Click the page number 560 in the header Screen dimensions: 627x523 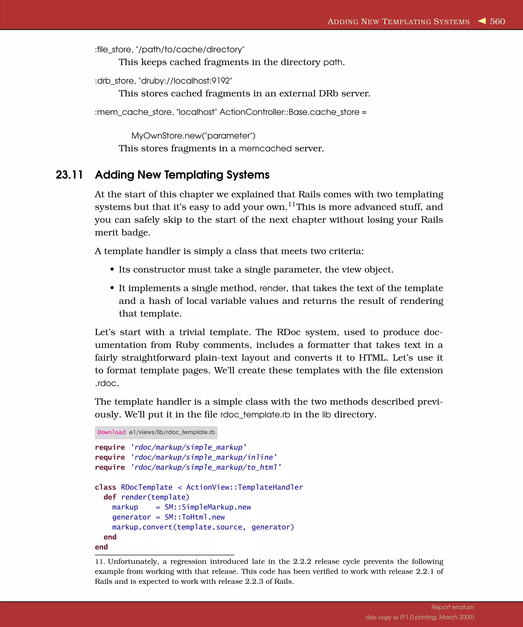[497, 21]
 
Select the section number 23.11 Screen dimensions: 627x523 [69, 175]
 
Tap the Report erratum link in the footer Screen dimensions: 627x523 [453, 607]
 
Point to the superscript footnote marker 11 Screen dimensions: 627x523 [291, 205]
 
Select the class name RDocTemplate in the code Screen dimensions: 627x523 [146, 487]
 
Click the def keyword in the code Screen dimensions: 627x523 [110, 497]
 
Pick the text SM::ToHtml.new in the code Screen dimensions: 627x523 [195, 517]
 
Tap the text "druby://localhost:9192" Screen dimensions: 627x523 [185, 81]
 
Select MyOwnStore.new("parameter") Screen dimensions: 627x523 [193, 136]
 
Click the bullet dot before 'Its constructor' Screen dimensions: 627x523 [112, 270]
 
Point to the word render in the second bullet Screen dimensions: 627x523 [273, 289]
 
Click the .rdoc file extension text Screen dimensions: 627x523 [106, 383]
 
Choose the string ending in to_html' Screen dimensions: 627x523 [206, 467]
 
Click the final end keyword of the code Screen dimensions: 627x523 [101, 547]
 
